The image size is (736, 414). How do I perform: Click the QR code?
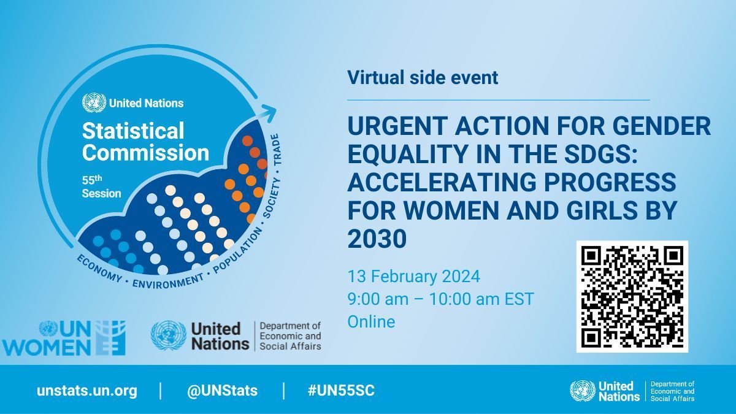tap(632, 296)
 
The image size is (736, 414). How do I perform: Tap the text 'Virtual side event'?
tap(423, 78)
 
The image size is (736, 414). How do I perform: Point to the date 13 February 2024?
tap(413, 277)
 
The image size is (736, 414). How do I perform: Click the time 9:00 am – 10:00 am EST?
tap(440, 299)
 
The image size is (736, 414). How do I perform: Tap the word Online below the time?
tap(371, 321)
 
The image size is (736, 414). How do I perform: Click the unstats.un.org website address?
tap(86, 391)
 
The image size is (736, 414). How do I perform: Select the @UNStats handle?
tap(222, 391)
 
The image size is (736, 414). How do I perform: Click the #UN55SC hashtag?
tap(341, 391)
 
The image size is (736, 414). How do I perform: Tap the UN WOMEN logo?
tap(64, 338)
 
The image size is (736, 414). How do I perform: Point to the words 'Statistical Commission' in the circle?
tap(145, 141)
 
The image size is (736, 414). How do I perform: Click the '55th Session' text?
tap(101, 187)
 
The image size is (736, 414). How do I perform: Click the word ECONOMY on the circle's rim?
tap(99, 267)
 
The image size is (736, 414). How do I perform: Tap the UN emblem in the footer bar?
tap(582, 391)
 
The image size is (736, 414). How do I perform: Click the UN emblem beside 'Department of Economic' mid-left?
tap(168, 335)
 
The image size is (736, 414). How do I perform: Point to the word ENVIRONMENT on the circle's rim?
tap(167, 281)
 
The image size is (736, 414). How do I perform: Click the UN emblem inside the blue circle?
tap(94, 102)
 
